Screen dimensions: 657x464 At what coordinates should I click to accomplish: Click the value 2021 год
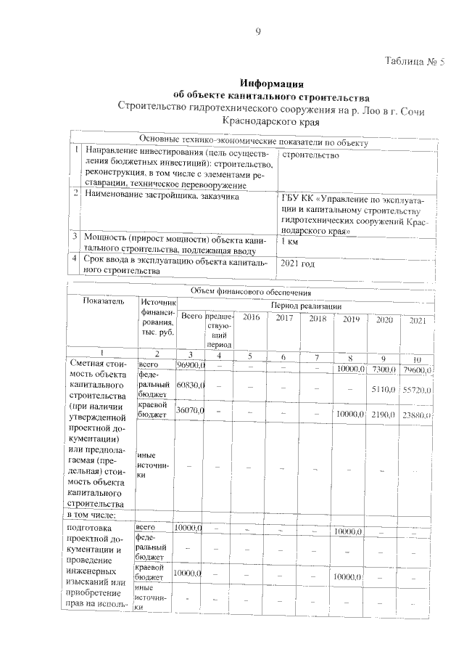298,264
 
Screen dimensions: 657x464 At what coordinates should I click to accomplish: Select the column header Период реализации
306,307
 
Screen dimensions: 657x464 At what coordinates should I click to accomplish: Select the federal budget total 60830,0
191,384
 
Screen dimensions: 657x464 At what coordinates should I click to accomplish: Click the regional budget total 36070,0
191,411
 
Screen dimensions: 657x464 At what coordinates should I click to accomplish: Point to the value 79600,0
418,371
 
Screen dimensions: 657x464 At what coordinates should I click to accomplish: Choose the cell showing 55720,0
418,390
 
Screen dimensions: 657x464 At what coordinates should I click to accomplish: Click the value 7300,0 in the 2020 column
382,370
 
